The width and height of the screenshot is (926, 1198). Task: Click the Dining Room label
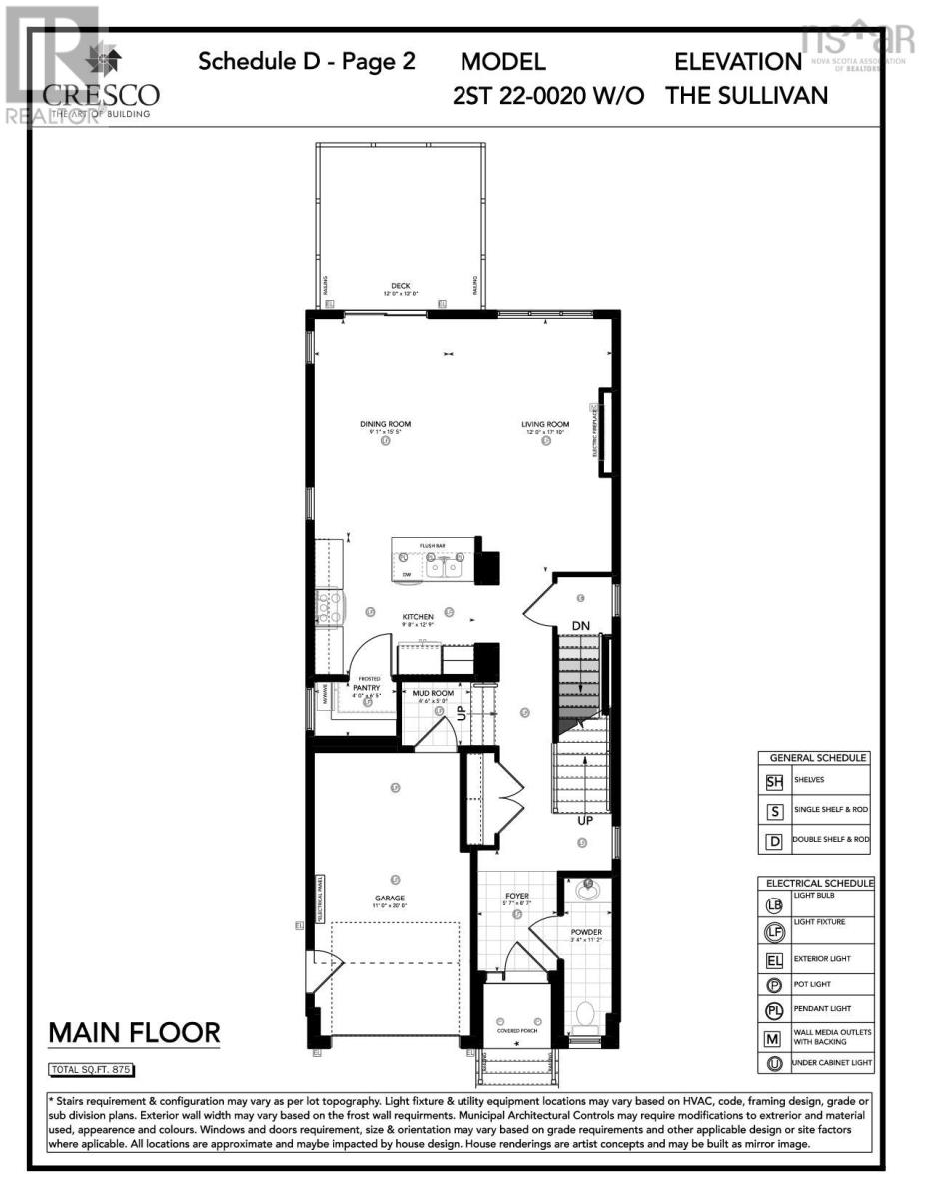click(x=385, y=424)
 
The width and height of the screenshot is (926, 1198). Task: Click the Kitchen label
click(x=418, y=618)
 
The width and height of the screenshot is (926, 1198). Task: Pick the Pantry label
click(x=368, y=687)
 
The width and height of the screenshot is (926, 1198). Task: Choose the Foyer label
click(x=516, y=897)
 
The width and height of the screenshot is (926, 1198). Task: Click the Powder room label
click(x=586, y=932)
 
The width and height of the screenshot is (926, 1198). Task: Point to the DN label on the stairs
click(x=581, y=626)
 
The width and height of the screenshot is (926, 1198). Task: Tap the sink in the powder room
click(x=586, y=886)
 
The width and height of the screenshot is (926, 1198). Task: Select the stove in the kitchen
click(x=328, y=607)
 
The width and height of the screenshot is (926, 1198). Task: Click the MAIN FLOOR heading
click(x=134, y=1032)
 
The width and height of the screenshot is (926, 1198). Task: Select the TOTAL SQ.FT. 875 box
click(x=91, y=1071)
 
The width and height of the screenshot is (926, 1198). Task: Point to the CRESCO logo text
click(x=101, y=95)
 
